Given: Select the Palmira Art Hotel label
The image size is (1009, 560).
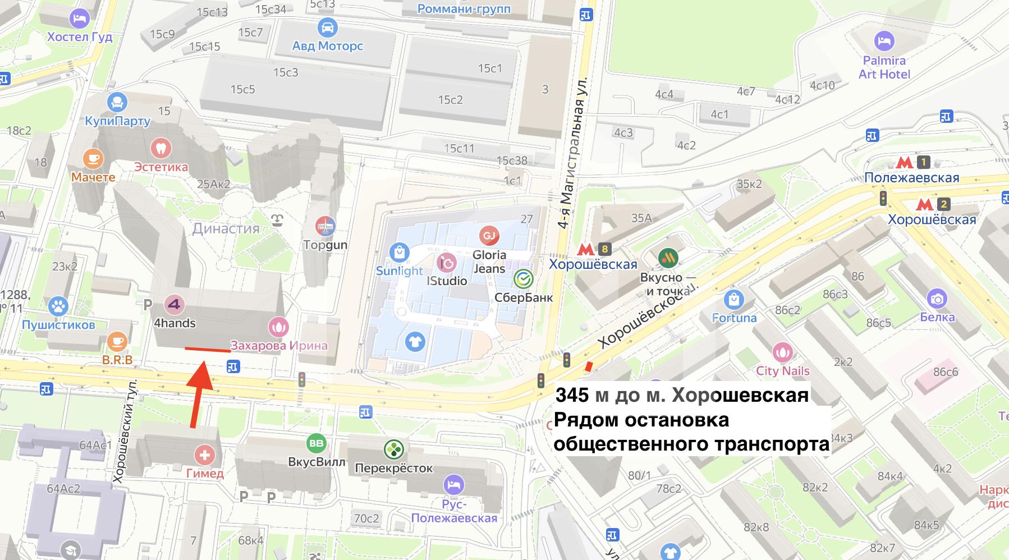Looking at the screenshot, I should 884,67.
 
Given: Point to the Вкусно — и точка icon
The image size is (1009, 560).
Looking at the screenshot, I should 668,258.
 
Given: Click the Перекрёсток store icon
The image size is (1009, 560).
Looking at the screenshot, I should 394,449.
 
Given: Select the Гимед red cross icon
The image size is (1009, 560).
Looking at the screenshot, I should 205,454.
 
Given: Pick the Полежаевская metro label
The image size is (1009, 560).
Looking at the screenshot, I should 911,178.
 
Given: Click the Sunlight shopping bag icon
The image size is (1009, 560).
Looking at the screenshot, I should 399,253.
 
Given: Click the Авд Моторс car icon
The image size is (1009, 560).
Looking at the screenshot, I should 327,27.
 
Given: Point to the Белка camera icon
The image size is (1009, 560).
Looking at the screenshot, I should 937,299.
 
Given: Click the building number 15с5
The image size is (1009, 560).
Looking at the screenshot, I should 242,89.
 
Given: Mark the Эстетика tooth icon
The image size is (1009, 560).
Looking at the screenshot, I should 161,149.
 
